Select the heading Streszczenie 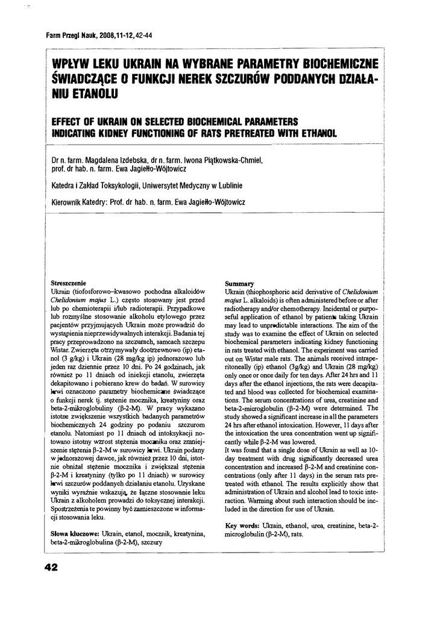(69, 282)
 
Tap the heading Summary (239, 283)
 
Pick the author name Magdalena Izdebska (124, 160)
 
